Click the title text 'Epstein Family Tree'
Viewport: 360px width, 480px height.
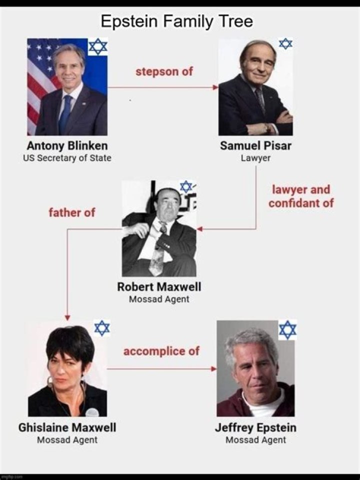(x=177, y=21)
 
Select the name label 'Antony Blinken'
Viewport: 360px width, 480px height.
(x=67, y=145)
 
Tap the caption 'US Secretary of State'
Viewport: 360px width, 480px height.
(x=67, y=158)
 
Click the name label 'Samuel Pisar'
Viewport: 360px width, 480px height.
(x=255, y=145)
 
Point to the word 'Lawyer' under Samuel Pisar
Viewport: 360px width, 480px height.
(x=255, y=158)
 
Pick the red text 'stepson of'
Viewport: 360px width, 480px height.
(x=164, y=71)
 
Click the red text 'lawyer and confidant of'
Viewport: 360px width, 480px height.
(x=301, y=196)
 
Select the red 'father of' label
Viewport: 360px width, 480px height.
(x=72, y=212)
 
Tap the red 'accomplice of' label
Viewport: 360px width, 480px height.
(x=161, y=351)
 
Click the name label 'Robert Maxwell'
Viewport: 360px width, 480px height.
(x=159, y=287)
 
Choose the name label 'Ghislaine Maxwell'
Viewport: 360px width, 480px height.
(x=67, y=427)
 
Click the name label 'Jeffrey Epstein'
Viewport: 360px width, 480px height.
(x=255, y=427)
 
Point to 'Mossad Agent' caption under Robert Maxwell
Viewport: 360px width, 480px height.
(x=159, y=299)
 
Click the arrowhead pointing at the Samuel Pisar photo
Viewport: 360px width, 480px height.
(x=216, y=87)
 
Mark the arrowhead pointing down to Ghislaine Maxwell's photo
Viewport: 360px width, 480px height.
(x=67, y=318)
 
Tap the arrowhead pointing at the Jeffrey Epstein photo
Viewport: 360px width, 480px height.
(x=214, y=369)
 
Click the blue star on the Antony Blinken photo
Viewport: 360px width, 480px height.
(x=98, y=47)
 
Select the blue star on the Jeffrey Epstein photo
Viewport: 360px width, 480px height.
(x=288, y=329)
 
